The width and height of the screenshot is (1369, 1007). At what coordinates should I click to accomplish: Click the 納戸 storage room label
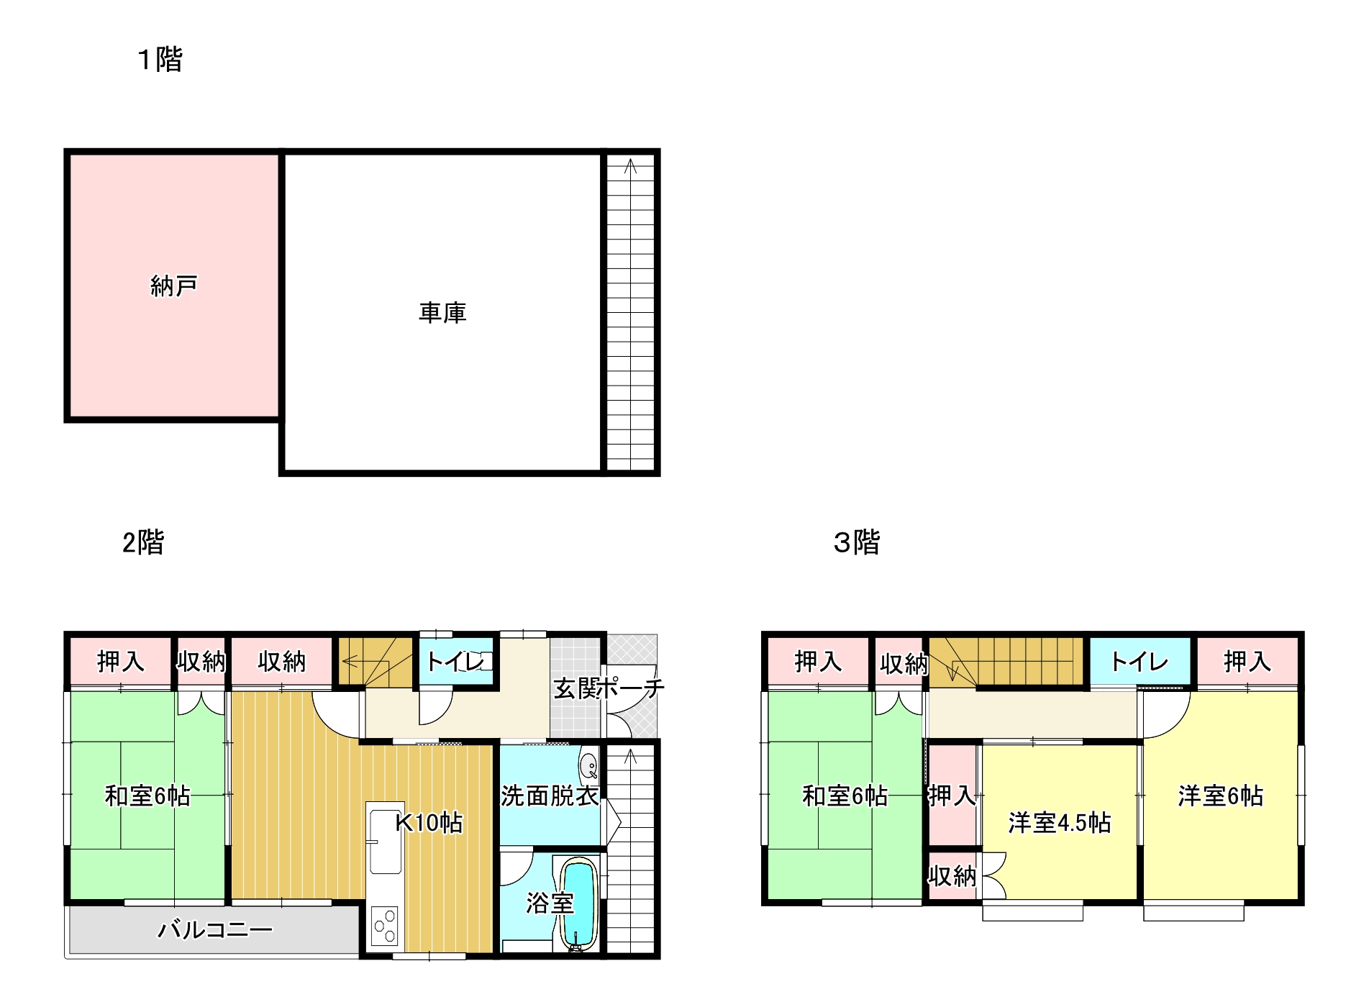click(173, 286)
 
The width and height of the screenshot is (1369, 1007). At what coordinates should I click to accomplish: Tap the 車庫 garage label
click(442, 313)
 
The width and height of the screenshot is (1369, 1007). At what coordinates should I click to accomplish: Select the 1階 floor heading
click(160, 59)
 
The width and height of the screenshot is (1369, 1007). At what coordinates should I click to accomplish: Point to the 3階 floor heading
click(856, 542)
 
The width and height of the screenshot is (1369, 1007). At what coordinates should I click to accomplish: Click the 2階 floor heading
click(143, 542)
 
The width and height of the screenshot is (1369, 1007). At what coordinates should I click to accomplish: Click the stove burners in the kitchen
click(385, 926)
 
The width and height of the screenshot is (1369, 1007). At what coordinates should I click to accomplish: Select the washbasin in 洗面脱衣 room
click(588, 765)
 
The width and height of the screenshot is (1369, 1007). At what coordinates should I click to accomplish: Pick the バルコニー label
click(214, 930)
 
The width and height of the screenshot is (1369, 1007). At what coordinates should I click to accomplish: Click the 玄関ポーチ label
click(608, 688)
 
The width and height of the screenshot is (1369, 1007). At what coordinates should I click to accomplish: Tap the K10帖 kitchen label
click(429, 822)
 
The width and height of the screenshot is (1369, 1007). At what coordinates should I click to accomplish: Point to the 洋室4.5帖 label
click(1059, 822)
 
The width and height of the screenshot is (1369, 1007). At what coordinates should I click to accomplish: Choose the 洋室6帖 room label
click(1220, 796)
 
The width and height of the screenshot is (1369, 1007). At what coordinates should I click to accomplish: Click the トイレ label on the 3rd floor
click(1140, 661)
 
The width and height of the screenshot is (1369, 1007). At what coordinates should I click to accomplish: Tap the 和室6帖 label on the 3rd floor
click(845, 796)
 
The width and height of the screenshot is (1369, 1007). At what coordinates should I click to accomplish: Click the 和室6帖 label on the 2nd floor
click(147, 796)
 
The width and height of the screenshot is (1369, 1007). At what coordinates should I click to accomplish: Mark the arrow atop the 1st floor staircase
click(631, 167)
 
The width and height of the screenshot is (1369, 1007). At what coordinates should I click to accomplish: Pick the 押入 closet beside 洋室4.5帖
click(951, 795)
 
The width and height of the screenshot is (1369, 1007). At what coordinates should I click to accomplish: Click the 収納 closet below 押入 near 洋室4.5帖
click(951, 876)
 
